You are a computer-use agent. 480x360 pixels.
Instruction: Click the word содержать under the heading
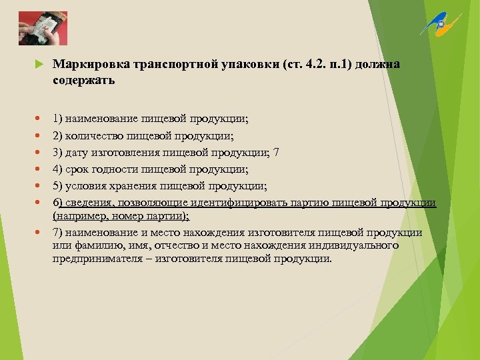[84, 81]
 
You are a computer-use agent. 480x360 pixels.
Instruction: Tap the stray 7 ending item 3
[277, 153]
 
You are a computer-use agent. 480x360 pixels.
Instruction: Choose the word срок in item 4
[79, 169]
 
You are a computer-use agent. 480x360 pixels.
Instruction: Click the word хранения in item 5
[135, 186]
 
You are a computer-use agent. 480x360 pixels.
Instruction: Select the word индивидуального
[351, 245]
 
